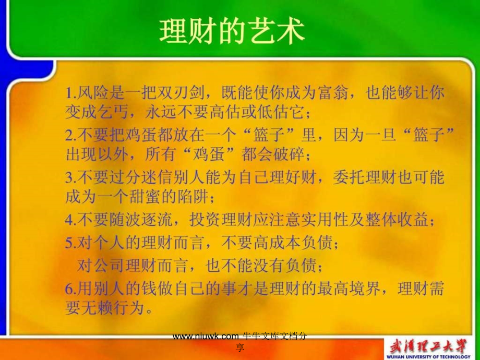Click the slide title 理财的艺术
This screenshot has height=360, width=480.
[232, 32]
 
